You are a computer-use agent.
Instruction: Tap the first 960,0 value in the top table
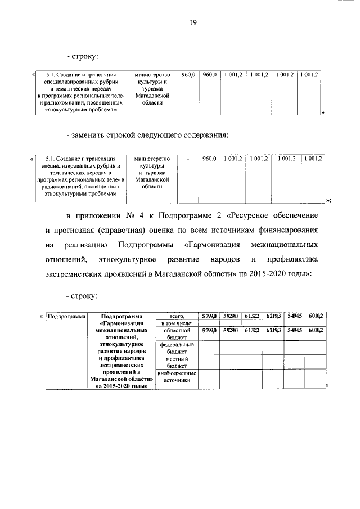[x=189, y=74]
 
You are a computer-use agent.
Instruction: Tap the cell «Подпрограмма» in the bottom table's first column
[x=65, y=317]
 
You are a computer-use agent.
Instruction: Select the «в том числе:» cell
[x=178, y=323]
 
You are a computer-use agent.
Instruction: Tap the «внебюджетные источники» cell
[x=178, y=376]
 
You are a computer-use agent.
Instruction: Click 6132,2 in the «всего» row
[x=251, y=317]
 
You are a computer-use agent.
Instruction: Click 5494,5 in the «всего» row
[x=294, y=317]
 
